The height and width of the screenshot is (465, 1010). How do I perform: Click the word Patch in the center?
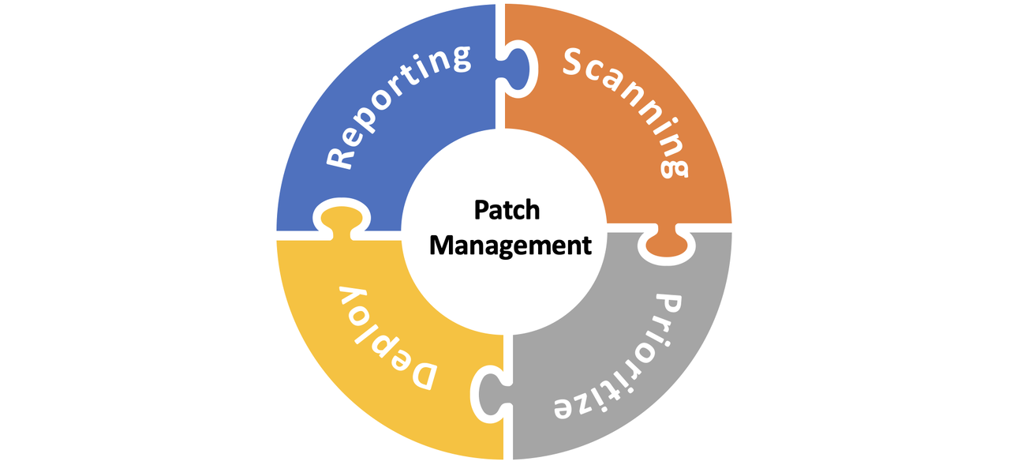pos(507,211)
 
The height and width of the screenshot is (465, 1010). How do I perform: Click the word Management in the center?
pos(510,245)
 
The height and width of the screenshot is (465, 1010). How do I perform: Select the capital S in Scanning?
pos(578,62)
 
